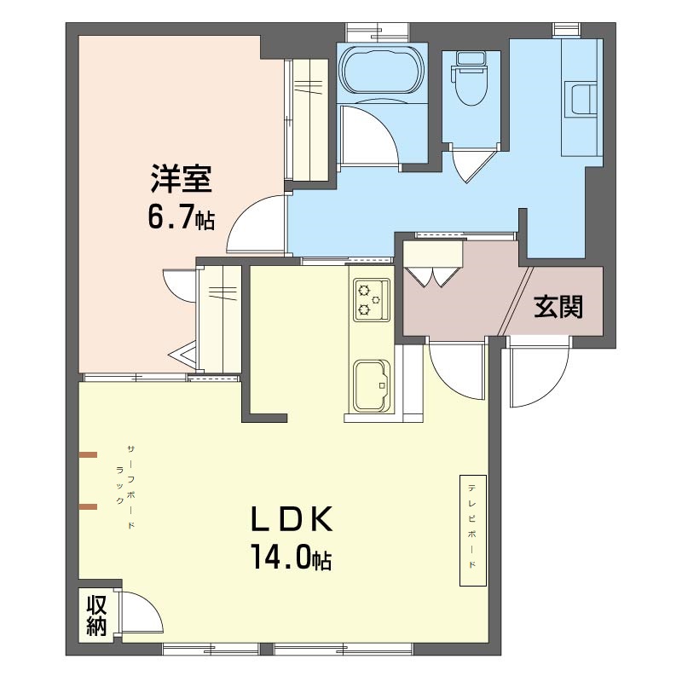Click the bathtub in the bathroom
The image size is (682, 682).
(382, 70)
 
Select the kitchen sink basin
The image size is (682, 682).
(371, 385)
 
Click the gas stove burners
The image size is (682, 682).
(371, 300)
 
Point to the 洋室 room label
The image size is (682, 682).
(181, 178)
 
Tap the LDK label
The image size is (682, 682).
(292, 519)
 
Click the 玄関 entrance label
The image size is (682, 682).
(558, 306)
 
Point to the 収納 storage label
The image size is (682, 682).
(96, 616)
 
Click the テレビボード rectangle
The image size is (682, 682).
(473, 530)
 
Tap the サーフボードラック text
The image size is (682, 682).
(125, 487)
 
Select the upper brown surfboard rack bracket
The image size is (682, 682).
(88, 455)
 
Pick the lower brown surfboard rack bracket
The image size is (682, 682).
(88, 506)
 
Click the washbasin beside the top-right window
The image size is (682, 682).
(581, 100)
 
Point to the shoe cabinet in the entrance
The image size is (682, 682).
(432, 253)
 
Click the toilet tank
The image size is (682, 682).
(471, 59)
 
